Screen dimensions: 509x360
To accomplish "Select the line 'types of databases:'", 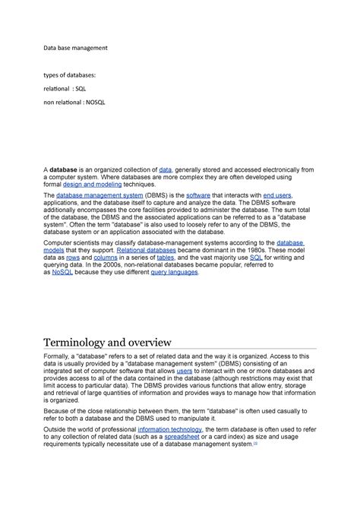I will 69,75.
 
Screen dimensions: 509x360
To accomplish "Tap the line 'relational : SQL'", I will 65,88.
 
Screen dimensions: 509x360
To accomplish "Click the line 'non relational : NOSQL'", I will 74,101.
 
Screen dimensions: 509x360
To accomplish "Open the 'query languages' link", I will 175,272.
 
